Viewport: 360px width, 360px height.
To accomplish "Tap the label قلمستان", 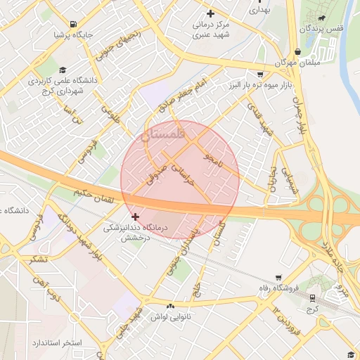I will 163,134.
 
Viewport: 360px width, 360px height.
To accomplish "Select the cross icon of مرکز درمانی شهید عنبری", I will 210,13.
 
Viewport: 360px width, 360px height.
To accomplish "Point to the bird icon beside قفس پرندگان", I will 321,18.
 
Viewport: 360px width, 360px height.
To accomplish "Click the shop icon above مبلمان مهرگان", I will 298,51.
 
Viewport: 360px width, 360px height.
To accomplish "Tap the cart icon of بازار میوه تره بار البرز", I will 261,74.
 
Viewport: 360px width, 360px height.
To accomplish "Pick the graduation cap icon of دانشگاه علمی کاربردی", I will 63,70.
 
